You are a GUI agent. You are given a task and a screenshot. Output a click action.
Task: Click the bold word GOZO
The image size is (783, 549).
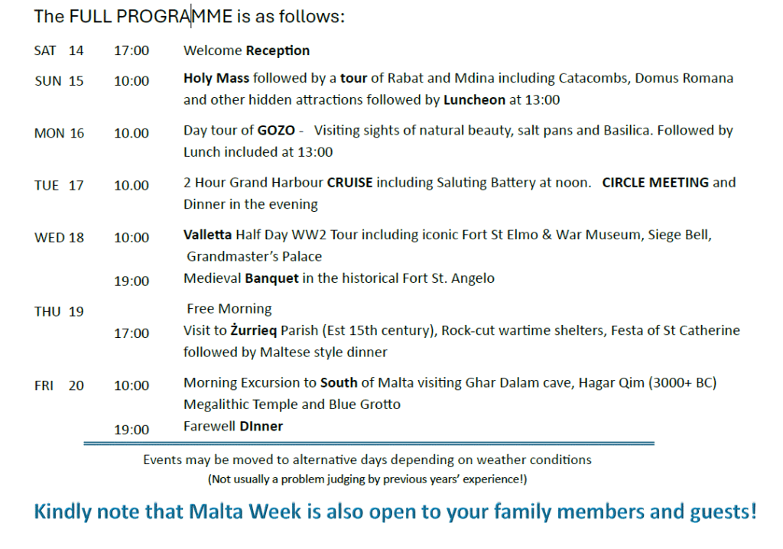click(276, 131)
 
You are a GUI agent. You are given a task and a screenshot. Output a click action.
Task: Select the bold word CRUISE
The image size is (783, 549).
click(349, 183)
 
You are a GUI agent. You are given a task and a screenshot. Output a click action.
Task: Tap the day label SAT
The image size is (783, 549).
click(45, 51)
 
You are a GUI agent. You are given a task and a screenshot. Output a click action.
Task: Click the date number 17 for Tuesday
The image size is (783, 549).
click(76, 185)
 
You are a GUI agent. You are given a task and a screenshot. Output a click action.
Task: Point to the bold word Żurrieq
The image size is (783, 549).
click(253, 330)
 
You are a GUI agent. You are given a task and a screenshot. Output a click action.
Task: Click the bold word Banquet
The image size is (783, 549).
click(271, 278)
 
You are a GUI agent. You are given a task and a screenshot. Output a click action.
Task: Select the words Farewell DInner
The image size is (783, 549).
click(233, 426)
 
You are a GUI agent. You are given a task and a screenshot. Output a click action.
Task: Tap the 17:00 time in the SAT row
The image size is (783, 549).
click(132, 51)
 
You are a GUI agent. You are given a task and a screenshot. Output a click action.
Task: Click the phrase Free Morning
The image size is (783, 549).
click(229, 309)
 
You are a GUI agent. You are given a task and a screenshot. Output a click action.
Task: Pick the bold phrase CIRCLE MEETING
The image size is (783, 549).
click(655, 183)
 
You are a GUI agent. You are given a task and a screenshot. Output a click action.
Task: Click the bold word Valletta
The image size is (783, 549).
click(208, 235)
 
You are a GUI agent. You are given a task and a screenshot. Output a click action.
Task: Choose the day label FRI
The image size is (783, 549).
click(44, 385)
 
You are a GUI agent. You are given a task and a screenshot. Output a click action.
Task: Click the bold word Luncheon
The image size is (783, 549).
click(474, 100)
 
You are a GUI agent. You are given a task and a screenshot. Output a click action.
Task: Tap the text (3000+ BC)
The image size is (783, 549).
click(682, 383)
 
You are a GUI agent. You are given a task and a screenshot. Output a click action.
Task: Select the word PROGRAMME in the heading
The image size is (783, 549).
click(174, 17)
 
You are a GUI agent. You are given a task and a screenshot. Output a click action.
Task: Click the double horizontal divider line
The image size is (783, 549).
click(369, 443)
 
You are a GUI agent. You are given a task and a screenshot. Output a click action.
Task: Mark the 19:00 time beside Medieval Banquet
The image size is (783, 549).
click(132, 281)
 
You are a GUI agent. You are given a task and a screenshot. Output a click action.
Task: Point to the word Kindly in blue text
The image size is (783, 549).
click(62, 512)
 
